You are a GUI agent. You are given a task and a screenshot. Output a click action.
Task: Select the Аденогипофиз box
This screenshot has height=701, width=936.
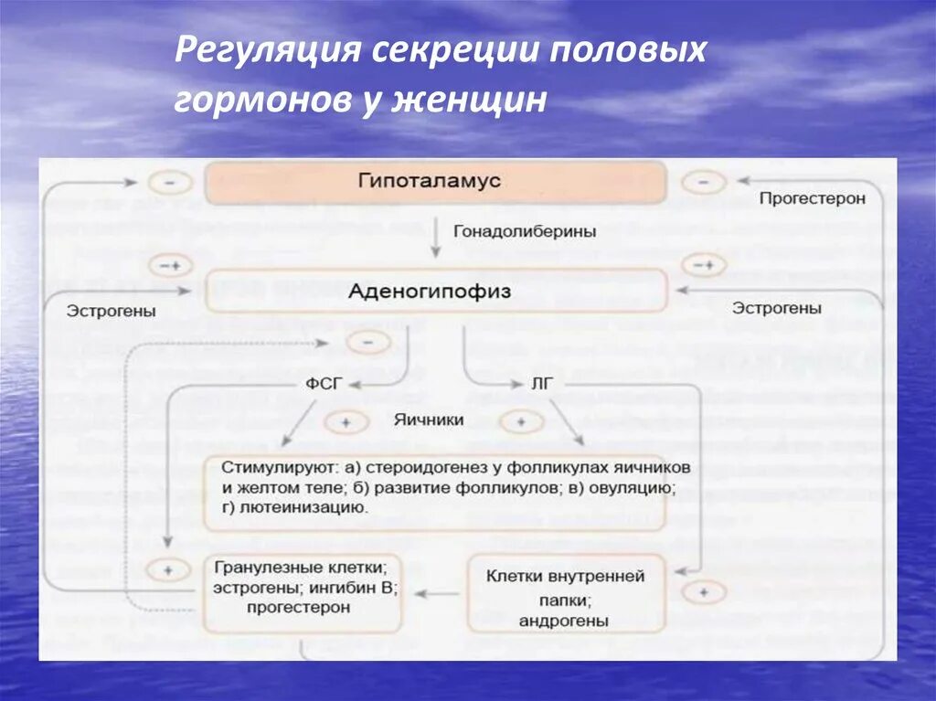(435, 292)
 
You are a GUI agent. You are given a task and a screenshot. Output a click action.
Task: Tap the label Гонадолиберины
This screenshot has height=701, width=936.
(525, 232)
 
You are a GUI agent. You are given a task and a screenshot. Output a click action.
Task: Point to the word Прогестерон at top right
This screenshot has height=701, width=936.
(812, 198)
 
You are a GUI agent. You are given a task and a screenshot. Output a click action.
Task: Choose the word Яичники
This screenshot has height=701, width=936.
(429, 420)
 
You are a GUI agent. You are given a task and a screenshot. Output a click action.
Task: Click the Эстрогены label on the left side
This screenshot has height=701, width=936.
(111, 311)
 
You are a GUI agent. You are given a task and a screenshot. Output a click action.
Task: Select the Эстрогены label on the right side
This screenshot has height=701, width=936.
(776, 309)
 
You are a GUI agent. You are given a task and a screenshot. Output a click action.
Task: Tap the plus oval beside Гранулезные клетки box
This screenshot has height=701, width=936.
(167, 569)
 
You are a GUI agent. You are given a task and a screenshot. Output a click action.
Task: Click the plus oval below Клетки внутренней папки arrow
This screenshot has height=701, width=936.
(703, 592)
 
